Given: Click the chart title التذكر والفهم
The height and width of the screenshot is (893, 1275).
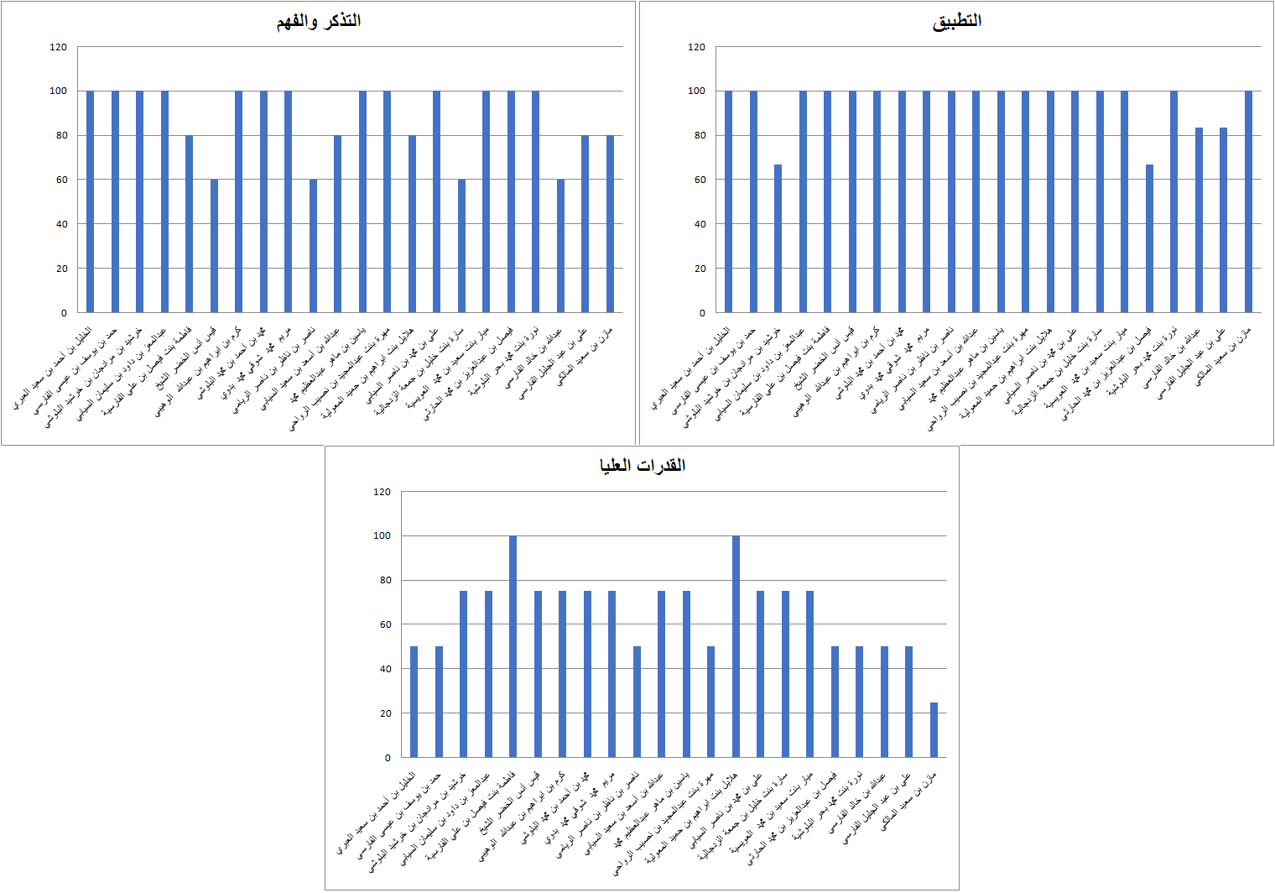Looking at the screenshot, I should pyautogui.click(x=319, y=21).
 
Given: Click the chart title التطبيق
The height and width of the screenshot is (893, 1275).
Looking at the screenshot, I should pyautogui.click(x=956, y=21).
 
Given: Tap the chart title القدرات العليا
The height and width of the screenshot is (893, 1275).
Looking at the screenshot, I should pyautogui.click(x=642, y=466).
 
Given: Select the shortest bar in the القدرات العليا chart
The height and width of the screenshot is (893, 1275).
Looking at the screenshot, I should pyautogui.click(x=934, y=730).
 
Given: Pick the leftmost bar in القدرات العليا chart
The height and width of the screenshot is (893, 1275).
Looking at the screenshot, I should pyautogui.click(x=414, y=702).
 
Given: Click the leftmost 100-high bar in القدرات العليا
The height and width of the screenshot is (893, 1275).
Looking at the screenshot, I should pyautogui.click(x=513, y=646).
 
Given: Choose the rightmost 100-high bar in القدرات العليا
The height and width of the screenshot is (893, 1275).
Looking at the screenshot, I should pyautogui.click(x=736, y=646).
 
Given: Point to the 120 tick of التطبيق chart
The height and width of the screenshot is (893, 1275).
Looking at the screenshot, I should pyautogui.click(x=696, y=47).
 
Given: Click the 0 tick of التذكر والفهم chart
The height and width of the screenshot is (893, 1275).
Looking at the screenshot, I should pyautogui.click(x=63, y=313).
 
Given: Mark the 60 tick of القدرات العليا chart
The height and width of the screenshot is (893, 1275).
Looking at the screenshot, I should pyautogui.click(x=382, y=624).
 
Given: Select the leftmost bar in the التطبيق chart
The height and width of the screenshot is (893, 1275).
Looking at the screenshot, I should pyautogui.click(x=728, y=201).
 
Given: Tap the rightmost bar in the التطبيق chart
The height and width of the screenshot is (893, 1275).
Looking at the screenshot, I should pyautogui.click(x=1248, y=201).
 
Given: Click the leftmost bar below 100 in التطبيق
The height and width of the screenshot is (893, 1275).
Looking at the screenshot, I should pyautogui.click(x=778, y=239).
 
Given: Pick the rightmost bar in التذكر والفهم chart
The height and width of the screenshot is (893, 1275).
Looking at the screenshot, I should pyautogui.click(x=610, y=224).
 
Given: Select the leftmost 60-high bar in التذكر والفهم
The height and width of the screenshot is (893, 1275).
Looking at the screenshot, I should pyautogui.click(x=214, y=246).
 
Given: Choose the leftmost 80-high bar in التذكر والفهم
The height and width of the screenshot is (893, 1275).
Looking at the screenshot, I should pyautogui.click(x=189, y=224).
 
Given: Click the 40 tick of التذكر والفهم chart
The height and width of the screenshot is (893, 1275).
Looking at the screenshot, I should pyautogui.click(x=61, y=224).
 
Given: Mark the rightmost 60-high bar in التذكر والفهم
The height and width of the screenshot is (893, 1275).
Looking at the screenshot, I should pyautogui.click(x=560, y=246).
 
